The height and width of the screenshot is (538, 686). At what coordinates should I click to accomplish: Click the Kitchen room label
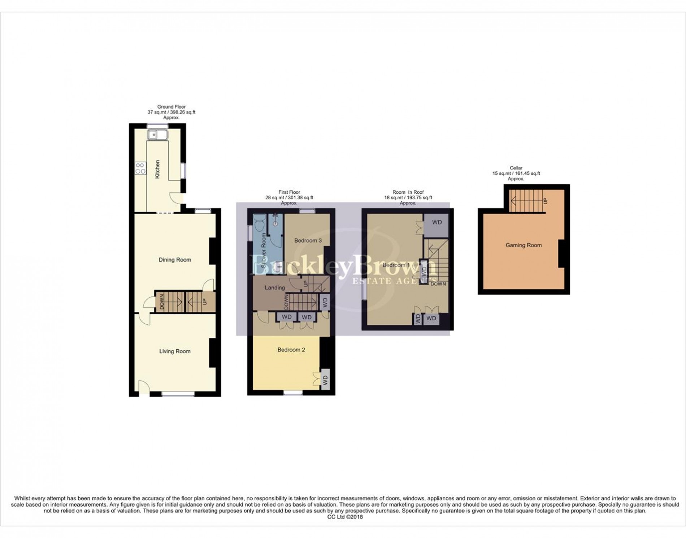(157, 170)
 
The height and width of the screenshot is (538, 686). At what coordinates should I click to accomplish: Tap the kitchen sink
(157, 135)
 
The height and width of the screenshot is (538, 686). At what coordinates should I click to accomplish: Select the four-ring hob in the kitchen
(140, 169)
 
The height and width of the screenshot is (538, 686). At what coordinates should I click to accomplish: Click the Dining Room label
(175, 260)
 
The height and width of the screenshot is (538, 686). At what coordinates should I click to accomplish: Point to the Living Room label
(175, 351)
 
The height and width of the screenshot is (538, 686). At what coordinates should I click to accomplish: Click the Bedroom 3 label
(308, 240)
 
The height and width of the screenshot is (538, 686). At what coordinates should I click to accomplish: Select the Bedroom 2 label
(291, 350)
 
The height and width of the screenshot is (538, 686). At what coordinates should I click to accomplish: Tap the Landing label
(275, 288)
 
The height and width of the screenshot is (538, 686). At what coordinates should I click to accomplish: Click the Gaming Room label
(524, 245)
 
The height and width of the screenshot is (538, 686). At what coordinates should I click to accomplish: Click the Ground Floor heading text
(171, 107)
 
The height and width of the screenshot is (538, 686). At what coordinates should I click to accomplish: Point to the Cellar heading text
(516, 168)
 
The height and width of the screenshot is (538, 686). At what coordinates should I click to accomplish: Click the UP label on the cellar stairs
(545, 201)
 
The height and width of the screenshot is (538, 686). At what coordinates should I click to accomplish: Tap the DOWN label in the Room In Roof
(438, 284)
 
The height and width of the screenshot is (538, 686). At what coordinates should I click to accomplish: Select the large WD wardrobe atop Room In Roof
(437, 223)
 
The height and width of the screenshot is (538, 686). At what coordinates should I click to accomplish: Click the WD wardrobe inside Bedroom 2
(325, 380)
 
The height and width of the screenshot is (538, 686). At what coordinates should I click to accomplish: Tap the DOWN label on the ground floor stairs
(162, 302)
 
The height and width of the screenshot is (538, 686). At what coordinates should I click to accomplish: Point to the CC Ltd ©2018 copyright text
(345, 517)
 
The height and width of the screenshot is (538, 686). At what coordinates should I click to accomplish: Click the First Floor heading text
(289, 192)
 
